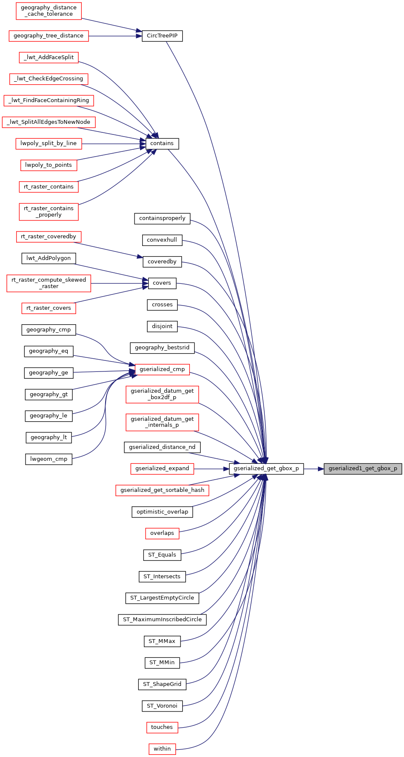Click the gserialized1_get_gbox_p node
[363, 468]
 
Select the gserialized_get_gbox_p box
[266, 468]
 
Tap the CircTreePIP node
[162, 36]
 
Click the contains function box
[162, 143]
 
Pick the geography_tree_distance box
[49, 36]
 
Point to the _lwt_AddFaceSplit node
[49, 57]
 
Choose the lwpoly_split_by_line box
[49, 143]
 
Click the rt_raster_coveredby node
[49, 237]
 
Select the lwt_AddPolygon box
[49, 258]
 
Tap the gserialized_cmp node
[162, 369]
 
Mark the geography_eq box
[49, 351]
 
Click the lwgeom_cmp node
[49, 459]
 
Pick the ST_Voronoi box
[162, 706]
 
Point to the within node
[162, 749]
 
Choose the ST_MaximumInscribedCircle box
[162, 620]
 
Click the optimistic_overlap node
[162, 512]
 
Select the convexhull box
[162, 240]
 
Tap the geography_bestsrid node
[162, 348]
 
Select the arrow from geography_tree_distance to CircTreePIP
[115, 36]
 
